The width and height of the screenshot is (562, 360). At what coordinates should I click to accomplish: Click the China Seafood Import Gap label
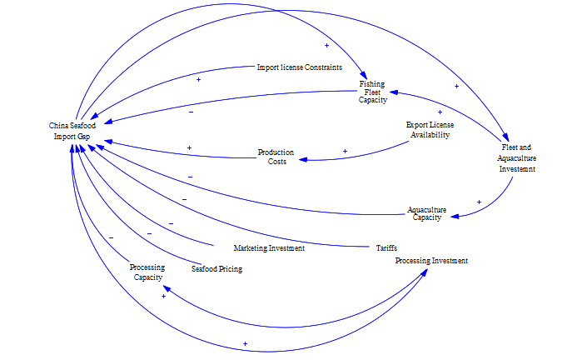(72, 131)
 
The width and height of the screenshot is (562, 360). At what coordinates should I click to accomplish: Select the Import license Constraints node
(299, 67)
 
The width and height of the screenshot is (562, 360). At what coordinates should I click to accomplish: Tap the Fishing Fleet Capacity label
(372, 92)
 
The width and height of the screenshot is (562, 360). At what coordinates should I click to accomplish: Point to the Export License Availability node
(430, 129)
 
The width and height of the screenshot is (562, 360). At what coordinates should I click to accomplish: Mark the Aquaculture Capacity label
(426, 214)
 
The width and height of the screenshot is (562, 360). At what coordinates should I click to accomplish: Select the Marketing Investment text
(268, 248)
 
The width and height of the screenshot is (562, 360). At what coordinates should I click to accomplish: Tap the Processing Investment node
(430, 261)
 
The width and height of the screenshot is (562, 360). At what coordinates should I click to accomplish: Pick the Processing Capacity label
(147, 272)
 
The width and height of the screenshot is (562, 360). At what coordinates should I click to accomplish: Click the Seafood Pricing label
(216, 269)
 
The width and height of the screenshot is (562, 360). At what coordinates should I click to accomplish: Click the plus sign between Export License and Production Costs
(345, 152)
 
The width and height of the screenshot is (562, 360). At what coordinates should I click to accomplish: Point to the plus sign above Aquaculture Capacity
(479, 202)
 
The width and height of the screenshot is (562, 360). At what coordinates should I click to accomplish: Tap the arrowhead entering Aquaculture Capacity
(455, 216)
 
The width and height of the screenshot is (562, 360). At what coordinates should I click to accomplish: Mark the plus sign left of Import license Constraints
(198, 79)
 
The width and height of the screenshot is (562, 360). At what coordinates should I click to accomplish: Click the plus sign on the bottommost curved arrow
(245, 343)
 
